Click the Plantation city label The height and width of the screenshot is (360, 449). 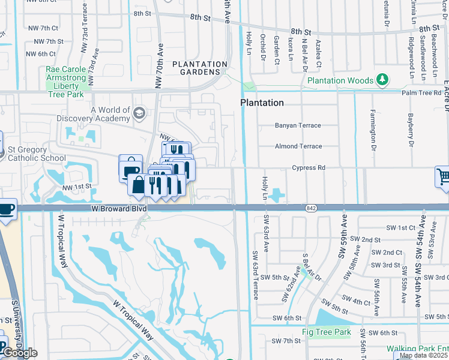(262, 103)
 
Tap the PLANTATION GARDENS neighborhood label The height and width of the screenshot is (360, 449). (200, 68)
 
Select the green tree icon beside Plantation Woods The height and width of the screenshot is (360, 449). (382, 80)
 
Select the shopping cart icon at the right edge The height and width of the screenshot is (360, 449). (443, 176)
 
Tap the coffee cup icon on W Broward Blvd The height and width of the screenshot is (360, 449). (6, 209)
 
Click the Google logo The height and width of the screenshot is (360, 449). (19, 353)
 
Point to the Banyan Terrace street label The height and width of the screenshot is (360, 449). (298, 125)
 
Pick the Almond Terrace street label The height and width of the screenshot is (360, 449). (298, 146)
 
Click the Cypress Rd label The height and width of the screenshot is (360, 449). (309, 167)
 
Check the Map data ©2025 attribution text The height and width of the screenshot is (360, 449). (423, 355)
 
